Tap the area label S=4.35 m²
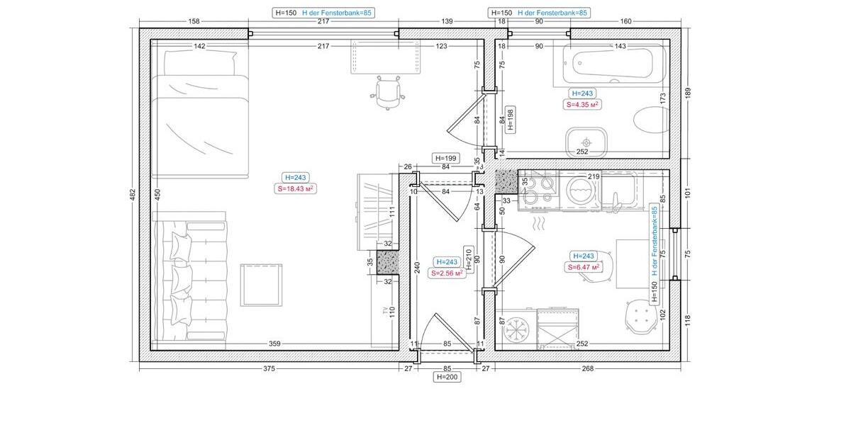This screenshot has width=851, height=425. [582, 104]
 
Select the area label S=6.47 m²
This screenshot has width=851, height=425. [583, 267]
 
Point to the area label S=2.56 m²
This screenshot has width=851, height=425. [447, 273]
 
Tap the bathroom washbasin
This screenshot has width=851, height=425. [586, 142]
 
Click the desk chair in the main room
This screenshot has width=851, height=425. [388, 93]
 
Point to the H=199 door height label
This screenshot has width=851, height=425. [446, 158]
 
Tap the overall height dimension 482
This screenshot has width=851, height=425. [133, 195]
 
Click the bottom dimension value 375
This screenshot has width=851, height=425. [269, 368]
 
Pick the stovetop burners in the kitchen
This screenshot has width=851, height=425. [540, 190]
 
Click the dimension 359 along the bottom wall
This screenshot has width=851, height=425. [274, 345]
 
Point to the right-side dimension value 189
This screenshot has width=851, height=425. [686, 93]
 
